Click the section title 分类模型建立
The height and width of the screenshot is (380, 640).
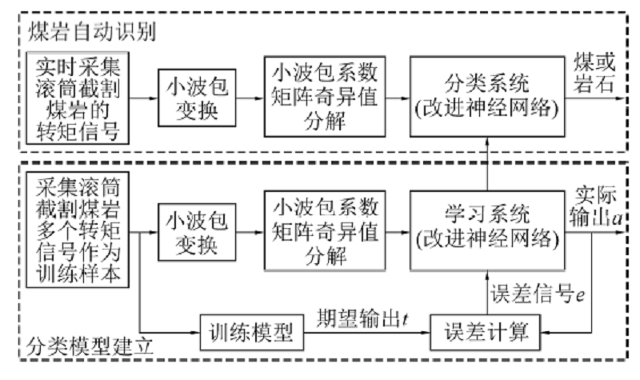coord(88,350)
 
